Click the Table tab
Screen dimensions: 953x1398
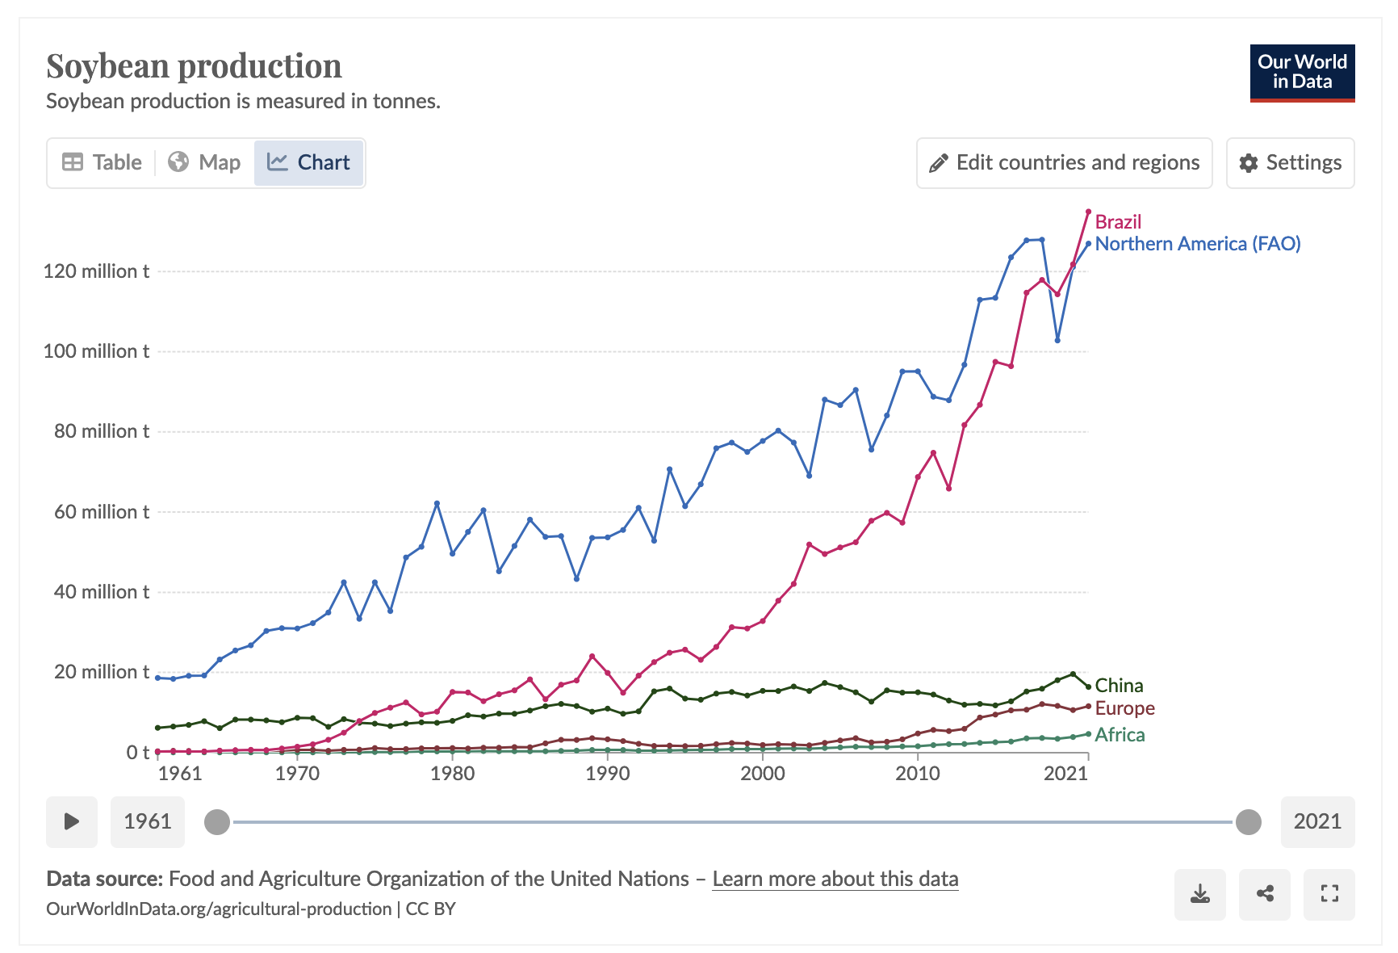click(x=102, y=162)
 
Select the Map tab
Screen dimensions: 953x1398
click(x=204, y=162)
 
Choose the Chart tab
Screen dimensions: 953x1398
click(x=308, y=162)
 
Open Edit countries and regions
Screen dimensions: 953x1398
click(x=1064, y=162)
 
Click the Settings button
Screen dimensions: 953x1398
click(x=1290, y=162)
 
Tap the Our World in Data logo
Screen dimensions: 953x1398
click(x=1302, y=73)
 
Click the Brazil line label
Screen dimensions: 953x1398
click(x=1118, y=222)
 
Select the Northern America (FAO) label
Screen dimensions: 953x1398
click(x=1197, y=244)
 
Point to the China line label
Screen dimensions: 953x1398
click(x=1119, y=686)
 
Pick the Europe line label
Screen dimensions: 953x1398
click(x=1124, y=708)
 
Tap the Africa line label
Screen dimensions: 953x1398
click(x=1120, y=735)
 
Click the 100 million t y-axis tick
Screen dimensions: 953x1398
click(x=96, y=351)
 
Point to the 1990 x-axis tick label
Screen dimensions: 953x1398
click(x=607, y=774)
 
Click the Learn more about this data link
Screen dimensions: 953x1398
click(x=835, y=879)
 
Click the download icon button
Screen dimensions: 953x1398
click(x=1200, y=894)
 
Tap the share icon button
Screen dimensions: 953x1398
click(x=1265, y=894)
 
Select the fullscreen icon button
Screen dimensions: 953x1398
click(x=1329, y=894)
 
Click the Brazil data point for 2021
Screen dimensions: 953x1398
click(x=1088, y=212)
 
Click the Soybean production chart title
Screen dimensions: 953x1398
click(x=194, y=66)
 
